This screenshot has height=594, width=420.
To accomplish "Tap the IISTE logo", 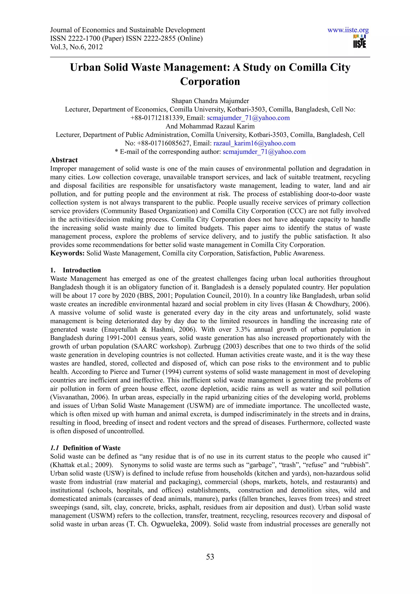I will coord(360,42).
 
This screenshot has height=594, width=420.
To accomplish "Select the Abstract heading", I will coord(64,160).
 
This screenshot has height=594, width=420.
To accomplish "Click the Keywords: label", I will coord(67,253).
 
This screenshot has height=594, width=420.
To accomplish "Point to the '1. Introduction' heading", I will coord(75,270).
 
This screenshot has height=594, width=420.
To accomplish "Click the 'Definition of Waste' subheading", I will coord(92,448).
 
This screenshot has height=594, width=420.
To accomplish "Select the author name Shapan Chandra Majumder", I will coord(210,101).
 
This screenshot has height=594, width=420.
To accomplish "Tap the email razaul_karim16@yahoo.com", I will coord(254,143).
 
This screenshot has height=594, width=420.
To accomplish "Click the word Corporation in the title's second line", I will coord(210,82).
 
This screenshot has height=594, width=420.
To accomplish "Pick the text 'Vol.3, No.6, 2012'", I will coord(76,47).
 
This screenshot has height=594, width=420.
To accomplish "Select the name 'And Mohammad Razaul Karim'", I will coord(210,126).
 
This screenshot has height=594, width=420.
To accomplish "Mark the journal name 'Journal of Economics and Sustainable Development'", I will coord(128,30).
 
